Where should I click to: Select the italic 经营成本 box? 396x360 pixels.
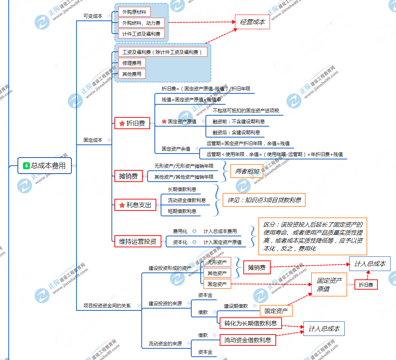252,22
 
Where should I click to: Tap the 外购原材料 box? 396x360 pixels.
134,12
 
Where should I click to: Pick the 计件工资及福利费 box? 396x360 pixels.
141,34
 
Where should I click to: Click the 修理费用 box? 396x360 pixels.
132,63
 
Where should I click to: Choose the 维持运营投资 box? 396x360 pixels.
138,241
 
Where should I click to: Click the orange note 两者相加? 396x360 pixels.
247,171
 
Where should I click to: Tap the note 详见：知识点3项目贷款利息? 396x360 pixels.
264,200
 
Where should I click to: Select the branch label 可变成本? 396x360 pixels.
93,16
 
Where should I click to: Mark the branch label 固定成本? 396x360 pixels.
93,140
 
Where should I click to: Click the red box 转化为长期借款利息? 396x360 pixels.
250,323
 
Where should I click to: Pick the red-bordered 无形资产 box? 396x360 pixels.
217,262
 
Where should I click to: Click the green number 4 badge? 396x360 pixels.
26,166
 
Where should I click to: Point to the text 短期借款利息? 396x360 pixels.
182,211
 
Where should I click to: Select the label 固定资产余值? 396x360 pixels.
176,149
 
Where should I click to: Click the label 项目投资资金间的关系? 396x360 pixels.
107,306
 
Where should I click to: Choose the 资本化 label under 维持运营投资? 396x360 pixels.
180,242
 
